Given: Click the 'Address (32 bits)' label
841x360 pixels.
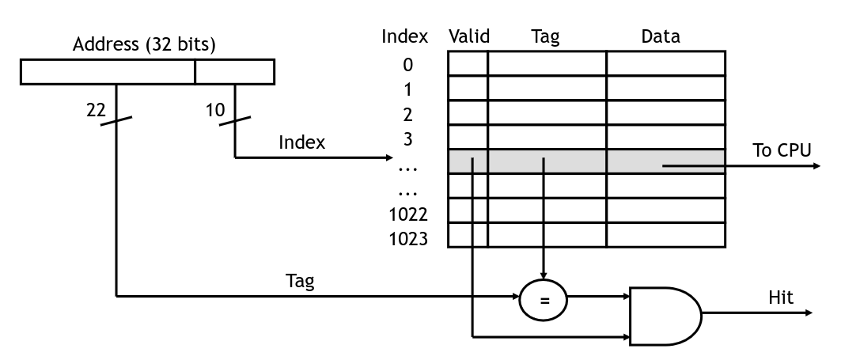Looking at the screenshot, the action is point(144,44).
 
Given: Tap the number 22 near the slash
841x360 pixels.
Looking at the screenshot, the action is point(96,110).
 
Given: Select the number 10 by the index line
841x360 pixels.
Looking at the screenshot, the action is point(214,110).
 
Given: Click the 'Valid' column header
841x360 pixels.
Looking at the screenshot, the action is point(469,36).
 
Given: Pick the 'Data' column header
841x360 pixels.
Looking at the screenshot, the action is point(661,36).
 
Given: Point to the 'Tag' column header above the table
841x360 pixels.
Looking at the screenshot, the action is point(545,37).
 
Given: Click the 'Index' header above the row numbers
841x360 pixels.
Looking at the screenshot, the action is point(404,36).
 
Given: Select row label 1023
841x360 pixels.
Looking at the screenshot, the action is point(408,239).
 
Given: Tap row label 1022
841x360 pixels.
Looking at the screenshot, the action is point(408,214).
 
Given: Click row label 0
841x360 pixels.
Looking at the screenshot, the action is point(408,65).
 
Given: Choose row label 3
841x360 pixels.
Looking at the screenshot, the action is point(408,139).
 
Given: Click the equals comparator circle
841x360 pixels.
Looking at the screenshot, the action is point(544,300).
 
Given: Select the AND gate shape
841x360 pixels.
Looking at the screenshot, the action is point(665,316).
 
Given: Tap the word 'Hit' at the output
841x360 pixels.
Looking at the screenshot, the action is point(780,297).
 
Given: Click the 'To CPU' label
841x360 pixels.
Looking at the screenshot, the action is point(782,150).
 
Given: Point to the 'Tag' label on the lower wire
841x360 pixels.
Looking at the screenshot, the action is point(300,282).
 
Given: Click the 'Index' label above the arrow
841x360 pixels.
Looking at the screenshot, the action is point(301,142).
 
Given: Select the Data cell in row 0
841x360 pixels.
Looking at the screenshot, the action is point(666,63).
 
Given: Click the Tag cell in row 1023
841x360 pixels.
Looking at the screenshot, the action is point(547,235).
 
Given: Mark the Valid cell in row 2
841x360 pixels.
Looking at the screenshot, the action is point(468,112).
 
